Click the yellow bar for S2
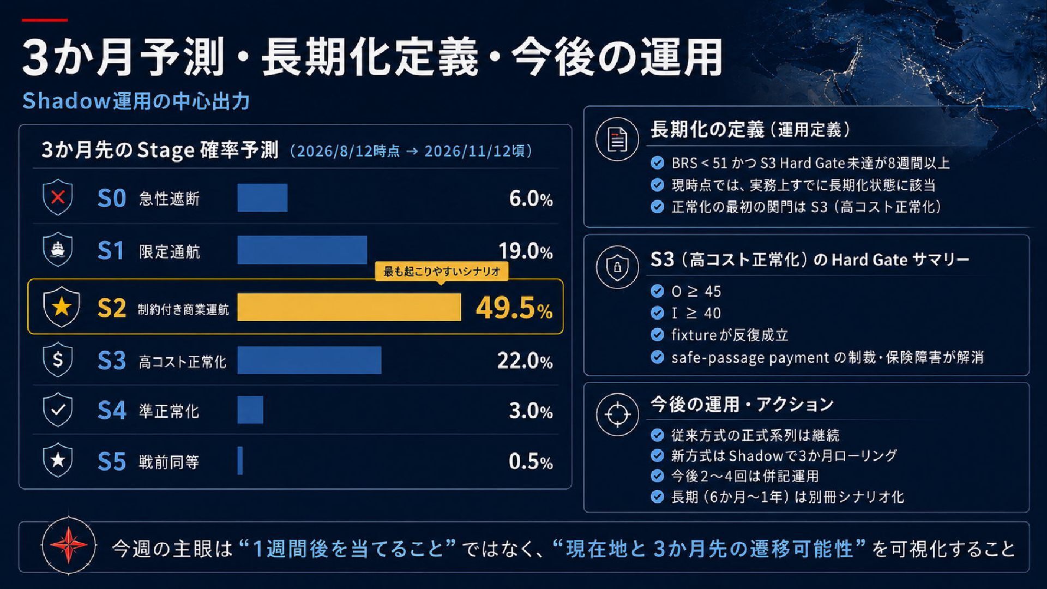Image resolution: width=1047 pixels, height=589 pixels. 349,307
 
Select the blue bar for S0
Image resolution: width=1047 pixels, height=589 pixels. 262,197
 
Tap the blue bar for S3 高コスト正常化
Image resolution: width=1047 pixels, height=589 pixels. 309,360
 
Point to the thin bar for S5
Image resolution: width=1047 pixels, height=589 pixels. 240,461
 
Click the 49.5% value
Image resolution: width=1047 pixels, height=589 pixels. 514,308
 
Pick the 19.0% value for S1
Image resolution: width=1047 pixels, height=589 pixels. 526,251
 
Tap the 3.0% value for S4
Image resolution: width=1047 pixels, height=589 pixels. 531,411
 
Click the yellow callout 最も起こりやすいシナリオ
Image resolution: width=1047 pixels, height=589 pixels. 442,272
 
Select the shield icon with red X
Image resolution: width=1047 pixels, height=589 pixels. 58,197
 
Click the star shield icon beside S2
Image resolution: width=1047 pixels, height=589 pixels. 61,306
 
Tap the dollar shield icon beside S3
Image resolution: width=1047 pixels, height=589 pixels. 58,359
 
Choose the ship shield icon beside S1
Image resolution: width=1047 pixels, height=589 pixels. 58,249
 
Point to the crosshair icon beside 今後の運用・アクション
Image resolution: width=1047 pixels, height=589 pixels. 617,414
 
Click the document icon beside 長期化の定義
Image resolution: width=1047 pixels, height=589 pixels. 617,139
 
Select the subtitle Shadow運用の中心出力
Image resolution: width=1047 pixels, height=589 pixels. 136,101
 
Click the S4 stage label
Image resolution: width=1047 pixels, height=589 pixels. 112,411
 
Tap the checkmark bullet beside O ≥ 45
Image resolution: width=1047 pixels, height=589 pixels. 658,291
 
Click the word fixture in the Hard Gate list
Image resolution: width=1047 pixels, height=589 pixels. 694,335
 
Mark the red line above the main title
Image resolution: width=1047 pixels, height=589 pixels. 45,20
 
